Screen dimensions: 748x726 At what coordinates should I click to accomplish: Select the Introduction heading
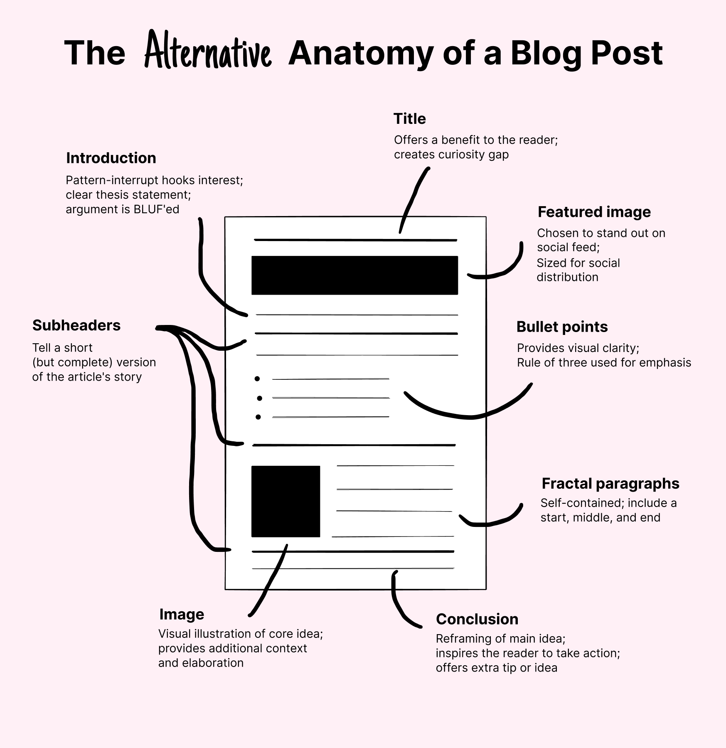[111, 158]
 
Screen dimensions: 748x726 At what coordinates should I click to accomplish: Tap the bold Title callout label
[409, 119]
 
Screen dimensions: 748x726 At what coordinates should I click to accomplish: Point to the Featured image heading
[594, 212]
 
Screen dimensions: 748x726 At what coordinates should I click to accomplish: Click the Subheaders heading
[76, 325]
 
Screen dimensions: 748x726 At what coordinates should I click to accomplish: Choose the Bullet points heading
[562, 327]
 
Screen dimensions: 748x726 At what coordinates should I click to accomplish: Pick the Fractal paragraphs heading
[610, 484]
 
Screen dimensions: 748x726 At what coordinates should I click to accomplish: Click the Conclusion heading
[477, 619]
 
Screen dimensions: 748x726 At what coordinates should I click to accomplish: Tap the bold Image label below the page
[182, 614]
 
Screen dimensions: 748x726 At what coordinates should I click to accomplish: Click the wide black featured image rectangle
[354, 276]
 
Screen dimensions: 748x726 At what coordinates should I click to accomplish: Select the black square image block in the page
[285, 501]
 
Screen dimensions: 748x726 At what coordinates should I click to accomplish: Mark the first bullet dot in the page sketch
[257, 379]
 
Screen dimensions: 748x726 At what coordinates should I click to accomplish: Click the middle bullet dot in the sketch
[259, 398]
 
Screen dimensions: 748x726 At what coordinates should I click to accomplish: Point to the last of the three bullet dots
[258, 417]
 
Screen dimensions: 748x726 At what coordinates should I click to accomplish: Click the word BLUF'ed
[156, 209]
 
